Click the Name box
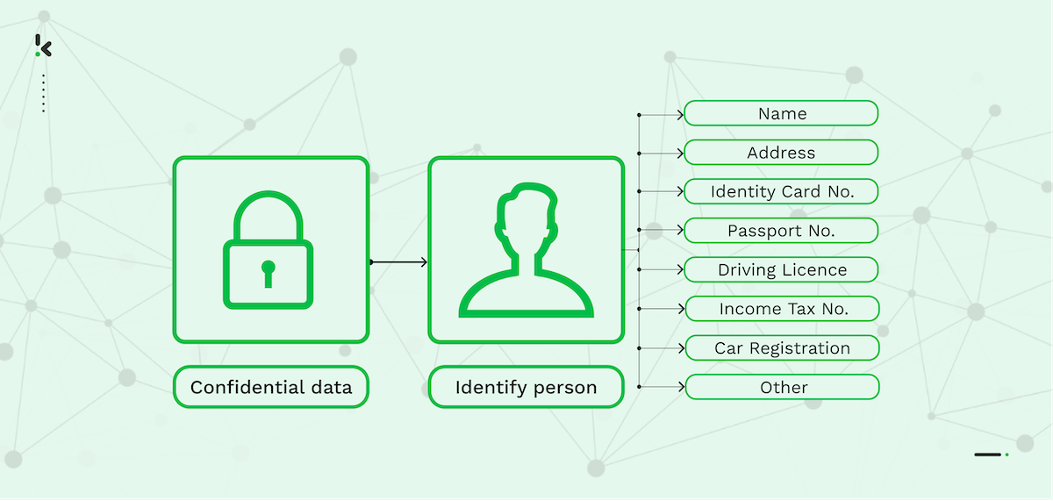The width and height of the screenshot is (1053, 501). coord(781,113)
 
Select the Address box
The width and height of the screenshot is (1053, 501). coord(781,153)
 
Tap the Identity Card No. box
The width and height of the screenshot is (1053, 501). coord(781,191)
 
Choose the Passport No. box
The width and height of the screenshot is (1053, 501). coord(781,231)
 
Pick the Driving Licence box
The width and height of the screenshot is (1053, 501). coord(781,269)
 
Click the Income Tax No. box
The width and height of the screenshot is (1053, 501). coord(781,309)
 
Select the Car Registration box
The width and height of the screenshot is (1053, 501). coord(781,347)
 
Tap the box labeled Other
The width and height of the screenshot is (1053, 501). coord(781,387)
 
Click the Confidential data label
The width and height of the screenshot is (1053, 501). coord(271,387)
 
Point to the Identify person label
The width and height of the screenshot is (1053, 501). coord(526,387)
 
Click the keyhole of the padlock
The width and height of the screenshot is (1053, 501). coord(268,271)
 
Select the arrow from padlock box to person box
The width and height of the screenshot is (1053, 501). coord(398,262)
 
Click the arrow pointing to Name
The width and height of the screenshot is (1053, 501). coord(662,114)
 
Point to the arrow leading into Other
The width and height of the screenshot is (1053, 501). coord(662,387)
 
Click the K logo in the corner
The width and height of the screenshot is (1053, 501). coord(44,47)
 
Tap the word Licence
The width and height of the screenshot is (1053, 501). coord(815,269)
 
